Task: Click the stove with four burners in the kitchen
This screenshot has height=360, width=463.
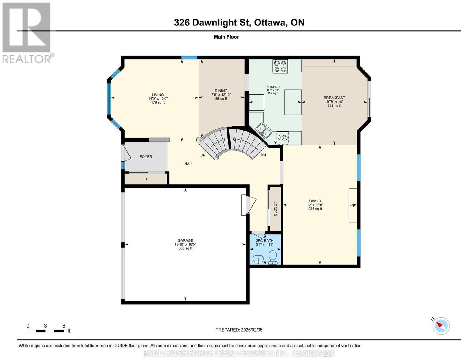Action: pyautogui.click(x=280, y=66)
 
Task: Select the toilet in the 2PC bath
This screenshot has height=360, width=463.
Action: pyautogui.click(x=272, y=257)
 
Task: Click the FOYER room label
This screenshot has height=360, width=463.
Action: pyautogui.click(x=146, y=156)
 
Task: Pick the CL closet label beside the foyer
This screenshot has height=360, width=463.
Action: pyautogui.click(x=146, y=179)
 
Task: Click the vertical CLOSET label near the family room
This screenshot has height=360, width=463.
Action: pyautogui.click(x=275, y=209)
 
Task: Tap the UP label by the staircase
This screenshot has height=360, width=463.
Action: pyautogui.click(x=203, y=155)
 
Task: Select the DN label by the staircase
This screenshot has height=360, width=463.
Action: pyautogui.click(x=263, y=155)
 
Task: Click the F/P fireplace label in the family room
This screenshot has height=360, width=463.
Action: pyautogui.click(x=352, y=205)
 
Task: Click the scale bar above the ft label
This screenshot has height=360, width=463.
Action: pyautogui.click(x=45, y=331)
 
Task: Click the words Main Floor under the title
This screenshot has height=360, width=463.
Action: pyautogui.click(x=226, y=37)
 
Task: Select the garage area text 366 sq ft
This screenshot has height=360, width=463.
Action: pyautogui.click(x=185, y=248)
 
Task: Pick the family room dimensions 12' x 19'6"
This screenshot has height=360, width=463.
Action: pyautogui.click(x=315, y=205)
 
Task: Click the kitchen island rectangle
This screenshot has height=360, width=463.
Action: pyautogui.click(x=293, y=102)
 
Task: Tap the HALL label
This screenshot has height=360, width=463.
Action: pyautogui.click(x=189, y=164)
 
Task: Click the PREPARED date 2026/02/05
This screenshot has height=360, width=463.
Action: pyautogui.click(x=252, y=330)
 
